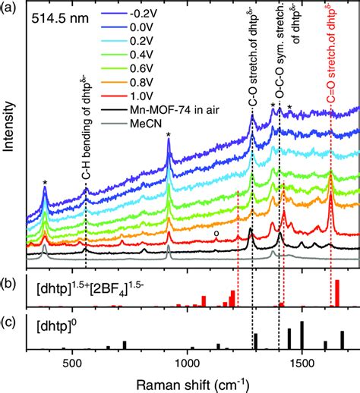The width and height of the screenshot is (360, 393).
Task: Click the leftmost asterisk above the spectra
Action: point(45,183)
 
